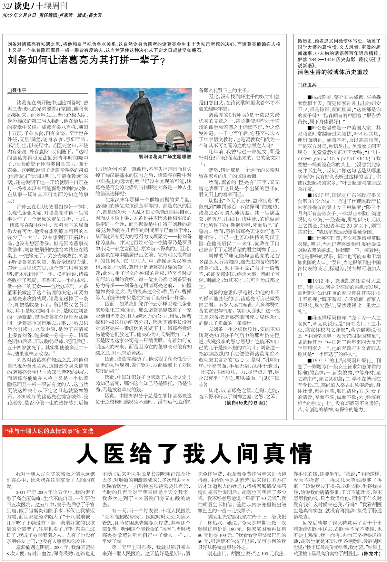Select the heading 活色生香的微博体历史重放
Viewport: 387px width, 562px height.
pyautogui.click(x=332, y=72)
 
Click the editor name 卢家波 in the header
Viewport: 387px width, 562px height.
pyautogui.click(x=66, y=15)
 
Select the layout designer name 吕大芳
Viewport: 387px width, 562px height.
pyautogui.click(x=95, y=15)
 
